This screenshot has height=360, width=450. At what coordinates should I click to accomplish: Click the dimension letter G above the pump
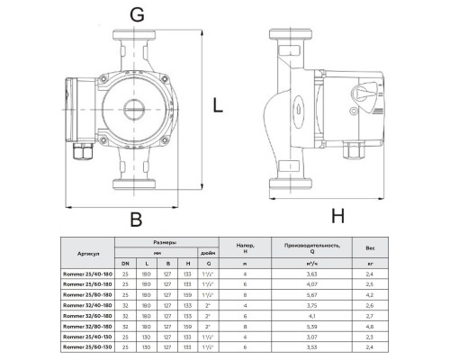[136, 15]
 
